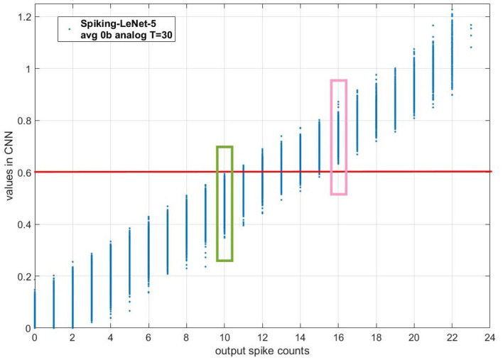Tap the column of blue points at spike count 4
(x=111, y=277)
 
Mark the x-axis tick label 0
(x=34, y=338)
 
